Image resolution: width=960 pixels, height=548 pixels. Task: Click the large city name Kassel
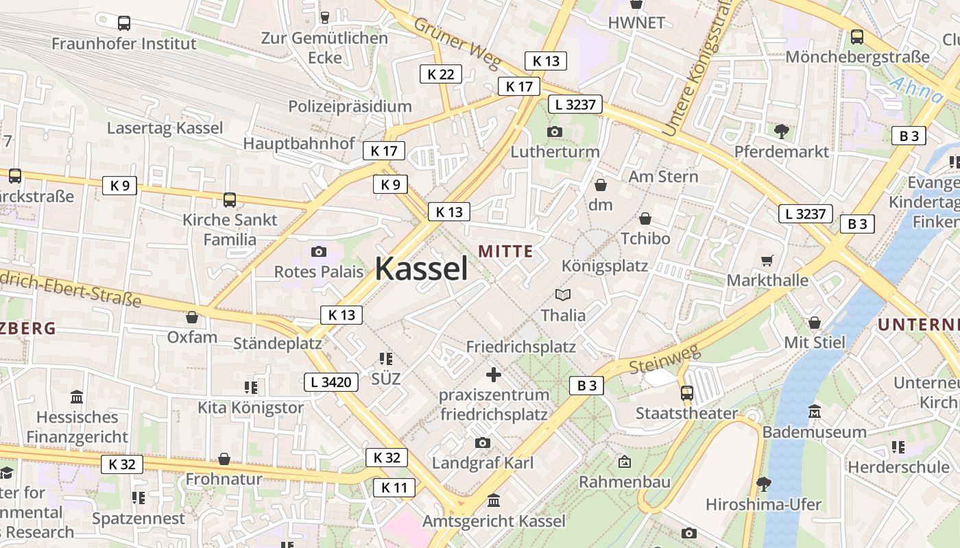(421, 268)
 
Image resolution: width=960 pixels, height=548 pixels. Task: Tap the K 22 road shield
(440, 74)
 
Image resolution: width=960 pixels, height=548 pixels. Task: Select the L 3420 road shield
(331, 382)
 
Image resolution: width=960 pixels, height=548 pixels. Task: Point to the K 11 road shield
(394, 488)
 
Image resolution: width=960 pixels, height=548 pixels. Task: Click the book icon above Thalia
(563, 295)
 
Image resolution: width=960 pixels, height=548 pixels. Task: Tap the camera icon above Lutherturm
(554, 132)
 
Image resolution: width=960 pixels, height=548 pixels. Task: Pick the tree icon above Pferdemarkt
(781, 131)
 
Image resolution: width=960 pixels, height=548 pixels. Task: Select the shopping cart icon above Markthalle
(767, 260)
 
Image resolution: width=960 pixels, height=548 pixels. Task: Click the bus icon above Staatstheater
(686, 393)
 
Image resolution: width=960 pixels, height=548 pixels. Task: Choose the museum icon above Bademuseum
(815, 412)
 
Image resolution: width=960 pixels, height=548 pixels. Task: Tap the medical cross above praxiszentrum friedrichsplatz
(493, 375)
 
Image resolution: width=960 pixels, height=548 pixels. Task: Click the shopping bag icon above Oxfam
(192, 317)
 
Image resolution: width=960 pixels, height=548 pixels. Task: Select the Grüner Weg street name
(457, 45)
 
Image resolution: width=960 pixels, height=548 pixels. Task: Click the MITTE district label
(505, 251)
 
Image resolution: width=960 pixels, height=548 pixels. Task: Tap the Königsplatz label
(604, 266)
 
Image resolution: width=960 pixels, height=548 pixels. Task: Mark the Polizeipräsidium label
(350, 106)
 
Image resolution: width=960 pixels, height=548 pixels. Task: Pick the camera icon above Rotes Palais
(318, 251)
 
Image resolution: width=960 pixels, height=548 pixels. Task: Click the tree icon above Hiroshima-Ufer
(763, 484)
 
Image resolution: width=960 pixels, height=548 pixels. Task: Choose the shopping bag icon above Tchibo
(645, 219)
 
